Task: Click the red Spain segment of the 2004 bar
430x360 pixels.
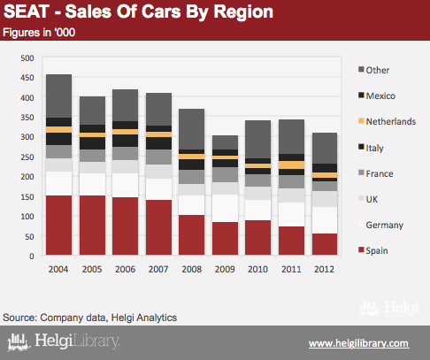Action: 58,225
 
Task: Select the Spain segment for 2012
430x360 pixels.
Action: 325,244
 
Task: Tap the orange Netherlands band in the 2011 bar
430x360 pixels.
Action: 291,165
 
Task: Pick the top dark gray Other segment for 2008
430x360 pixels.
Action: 191,129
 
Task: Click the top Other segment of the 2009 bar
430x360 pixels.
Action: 225,142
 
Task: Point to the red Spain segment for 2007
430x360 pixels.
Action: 158,227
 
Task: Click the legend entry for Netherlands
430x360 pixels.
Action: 387,121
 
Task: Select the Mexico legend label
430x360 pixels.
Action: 380,96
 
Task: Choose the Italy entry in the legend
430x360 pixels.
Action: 371,148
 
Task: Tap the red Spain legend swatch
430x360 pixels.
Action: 361,250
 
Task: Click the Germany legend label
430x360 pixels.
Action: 385,225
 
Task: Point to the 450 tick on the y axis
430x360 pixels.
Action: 27,78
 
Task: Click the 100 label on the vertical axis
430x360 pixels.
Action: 27,217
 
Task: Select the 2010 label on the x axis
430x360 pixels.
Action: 258,269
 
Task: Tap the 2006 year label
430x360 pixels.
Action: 125,269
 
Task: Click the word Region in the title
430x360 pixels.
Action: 243,12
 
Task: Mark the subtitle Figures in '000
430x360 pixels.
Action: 39,33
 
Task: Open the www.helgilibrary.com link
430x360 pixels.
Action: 359,343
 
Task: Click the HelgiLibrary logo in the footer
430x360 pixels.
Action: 64,341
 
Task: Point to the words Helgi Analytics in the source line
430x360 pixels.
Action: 144,318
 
